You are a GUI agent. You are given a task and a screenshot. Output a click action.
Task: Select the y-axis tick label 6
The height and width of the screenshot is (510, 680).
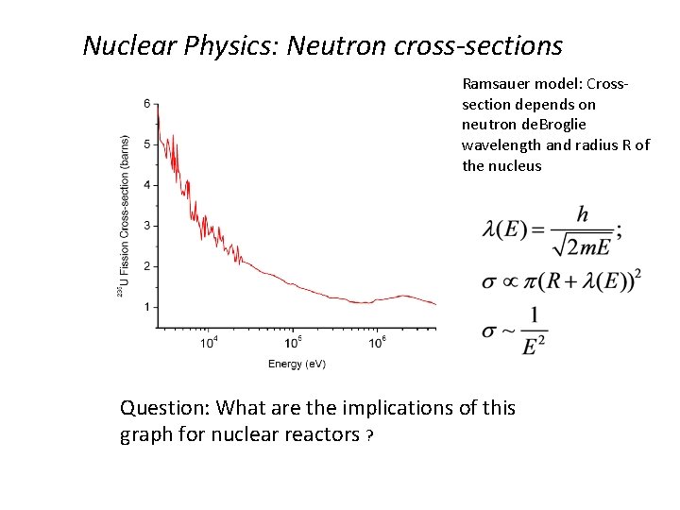click(145, 103)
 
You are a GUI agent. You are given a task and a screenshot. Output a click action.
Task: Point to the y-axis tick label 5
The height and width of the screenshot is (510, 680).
click(145, 144)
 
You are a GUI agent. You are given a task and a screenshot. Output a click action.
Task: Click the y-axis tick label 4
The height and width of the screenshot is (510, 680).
click(145, 185)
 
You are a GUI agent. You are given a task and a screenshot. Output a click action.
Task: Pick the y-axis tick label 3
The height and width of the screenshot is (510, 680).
click(145, 226)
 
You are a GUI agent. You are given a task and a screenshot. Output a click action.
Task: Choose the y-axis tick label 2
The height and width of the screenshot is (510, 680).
click(145, 266)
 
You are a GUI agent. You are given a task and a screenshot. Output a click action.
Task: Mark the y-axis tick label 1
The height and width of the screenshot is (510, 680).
click(145, 307)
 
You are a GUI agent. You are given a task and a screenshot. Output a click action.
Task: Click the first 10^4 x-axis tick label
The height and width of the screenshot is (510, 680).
click(210, 342)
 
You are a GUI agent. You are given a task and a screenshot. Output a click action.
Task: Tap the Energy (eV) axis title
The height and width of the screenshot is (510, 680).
click(297, 364)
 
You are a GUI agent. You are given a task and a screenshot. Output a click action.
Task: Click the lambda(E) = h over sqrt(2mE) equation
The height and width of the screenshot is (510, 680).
click(552, 229)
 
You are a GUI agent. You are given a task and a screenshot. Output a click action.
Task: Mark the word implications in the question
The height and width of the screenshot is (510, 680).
click(385, 408)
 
